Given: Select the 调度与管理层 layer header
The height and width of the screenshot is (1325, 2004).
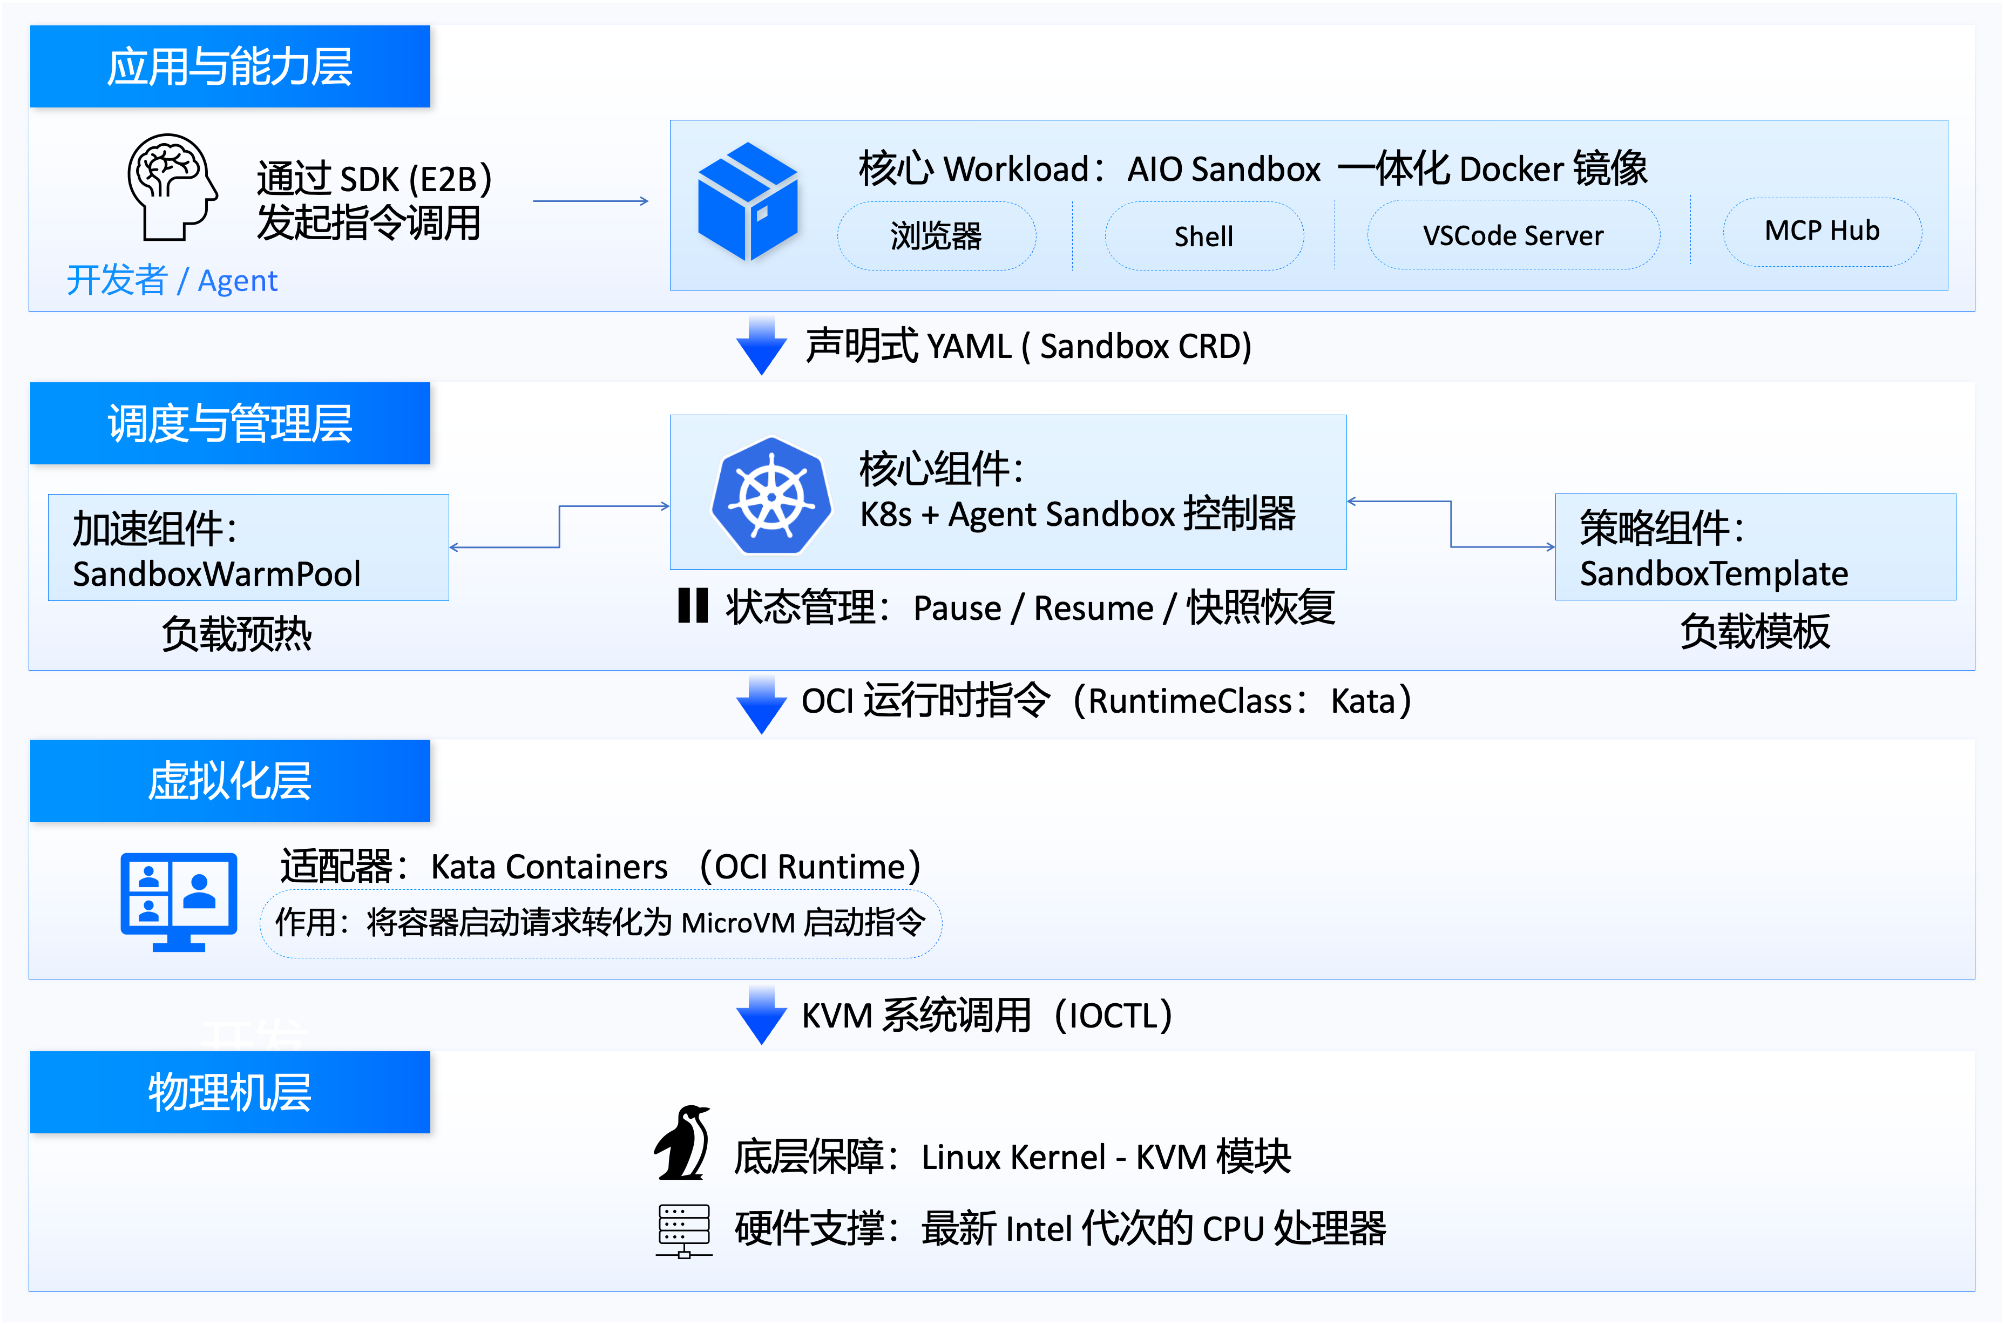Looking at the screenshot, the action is [230, 423].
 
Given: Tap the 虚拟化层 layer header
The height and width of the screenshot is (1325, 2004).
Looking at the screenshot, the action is [230, 780].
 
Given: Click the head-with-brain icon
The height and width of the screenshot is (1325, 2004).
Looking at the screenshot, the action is [172, 187].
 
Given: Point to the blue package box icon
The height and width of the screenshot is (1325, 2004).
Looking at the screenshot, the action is [748, 201].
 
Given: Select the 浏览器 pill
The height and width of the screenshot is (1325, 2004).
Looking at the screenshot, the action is [936, 236].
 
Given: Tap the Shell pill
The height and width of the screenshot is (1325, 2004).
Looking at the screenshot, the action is [1204, 236].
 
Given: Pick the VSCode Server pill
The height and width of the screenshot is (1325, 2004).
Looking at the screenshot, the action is [1513, 235].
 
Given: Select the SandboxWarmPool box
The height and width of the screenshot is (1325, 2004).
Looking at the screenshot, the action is [248, 547].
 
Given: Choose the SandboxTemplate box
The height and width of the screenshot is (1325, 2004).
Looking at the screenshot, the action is [1756, 547].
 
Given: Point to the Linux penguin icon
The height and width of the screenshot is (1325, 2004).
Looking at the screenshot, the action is [682, 1143].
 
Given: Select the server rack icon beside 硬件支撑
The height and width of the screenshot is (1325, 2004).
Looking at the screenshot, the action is [683, 1231].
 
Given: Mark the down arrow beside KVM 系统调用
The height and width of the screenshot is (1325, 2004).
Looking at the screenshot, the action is [761, 1016].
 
